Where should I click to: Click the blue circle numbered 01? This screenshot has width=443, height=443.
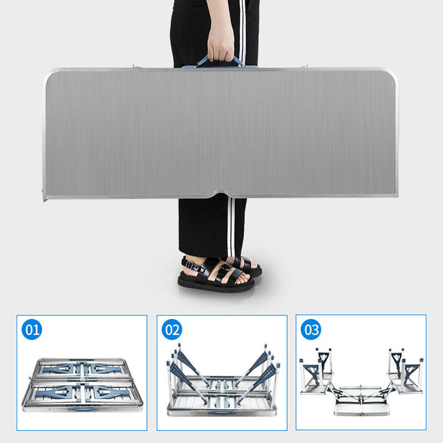pos(32,330)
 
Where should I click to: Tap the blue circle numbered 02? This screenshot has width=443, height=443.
pos(172,330)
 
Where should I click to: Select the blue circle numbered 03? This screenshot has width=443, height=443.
pos(311,330)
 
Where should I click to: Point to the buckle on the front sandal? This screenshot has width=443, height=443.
pos(226,267)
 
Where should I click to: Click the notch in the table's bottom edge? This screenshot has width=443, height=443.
pos(221,194)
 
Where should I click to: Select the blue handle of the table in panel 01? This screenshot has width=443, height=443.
pos(83,408)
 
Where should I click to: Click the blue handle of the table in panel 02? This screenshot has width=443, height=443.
pos(222,413)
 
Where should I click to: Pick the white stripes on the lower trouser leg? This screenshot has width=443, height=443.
pos(231,227)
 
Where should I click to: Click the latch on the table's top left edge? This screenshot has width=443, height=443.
pos(137,67)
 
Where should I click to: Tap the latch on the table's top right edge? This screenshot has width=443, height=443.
pos(304,66)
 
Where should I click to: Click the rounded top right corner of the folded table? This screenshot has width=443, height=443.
pos(393,73)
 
